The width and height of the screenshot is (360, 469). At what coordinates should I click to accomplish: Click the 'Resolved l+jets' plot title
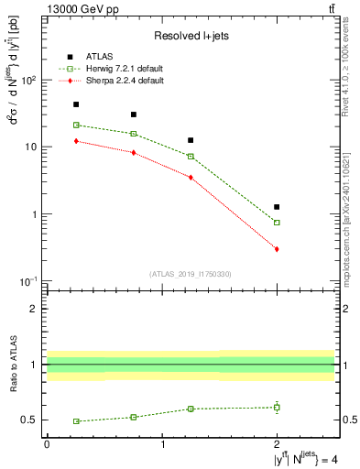191,35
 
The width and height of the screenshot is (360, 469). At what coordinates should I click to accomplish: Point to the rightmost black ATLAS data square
277,207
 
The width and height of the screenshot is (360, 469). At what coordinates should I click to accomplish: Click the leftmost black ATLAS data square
76,104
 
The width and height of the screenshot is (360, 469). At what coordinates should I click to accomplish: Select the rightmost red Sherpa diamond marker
277,249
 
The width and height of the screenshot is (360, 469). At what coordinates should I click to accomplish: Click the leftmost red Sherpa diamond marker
76,141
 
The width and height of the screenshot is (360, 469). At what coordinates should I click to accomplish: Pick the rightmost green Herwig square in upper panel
277,223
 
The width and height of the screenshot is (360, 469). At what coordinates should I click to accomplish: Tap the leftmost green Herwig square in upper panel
76,125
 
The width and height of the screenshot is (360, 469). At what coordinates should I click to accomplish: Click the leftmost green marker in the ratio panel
76,421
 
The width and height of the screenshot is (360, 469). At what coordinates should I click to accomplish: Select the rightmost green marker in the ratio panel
277,407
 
